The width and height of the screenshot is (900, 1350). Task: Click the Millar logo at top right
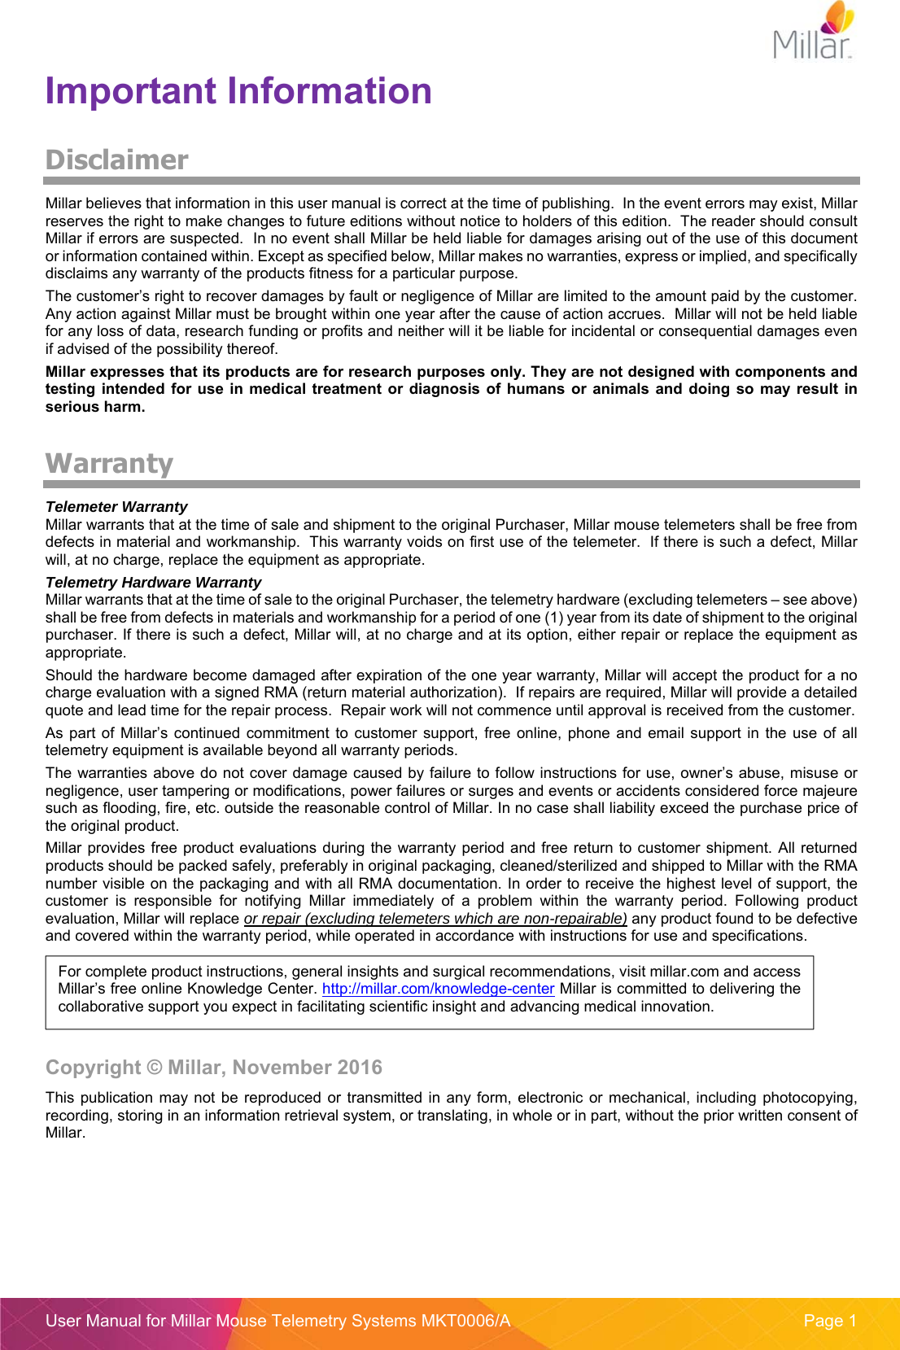pos(813,33)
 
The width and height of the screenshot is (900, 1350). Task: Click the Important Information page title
pos(238,91)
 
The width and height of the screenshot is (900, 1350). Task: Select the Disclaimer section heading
pos(116,159)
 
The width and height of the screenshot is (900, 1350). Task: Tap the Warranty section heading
pos(109,463)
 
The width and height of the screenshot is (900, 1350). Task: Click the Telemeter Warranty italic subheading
pos(116,506)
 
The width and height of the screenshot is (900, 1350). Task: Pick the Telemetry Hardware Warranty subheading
pos(153,582)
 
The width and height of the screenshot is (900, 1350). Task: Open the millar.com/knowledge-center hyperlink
pos(438,989)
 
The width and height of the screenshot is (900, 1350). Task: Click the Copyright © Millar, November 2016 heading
pos(213,1067)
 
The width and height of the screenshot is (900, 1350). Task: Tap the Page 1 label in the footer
pos(829,1321)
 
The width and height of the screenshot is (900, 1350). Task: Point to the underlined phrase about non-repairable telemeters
pos(435,919)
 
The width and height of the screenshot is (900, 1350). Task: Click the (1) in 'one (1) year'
pos(553,618)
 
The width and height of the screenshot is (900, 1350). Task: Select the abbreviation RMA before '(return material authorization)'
pos(280,692)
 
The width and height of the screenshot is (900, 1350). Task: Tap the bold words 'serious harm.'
pos(95,407)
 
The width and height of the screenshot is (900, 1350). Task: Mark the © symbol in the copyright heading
pos(154,1068)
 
